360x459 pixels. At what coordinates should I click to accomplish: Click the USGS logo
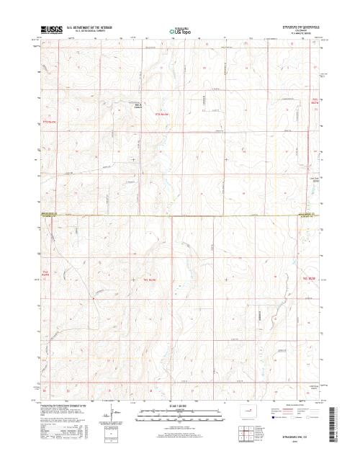(x=51, y=30)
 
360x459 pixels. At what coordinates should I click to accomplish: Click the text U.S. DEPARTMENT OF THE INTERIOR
(x=89, y=28)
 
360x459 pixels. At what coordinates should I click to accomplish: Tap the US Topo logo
(x=180, y=31)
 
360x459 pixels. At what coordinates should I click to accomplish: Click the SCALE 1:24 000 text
(x=180, y=406)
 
